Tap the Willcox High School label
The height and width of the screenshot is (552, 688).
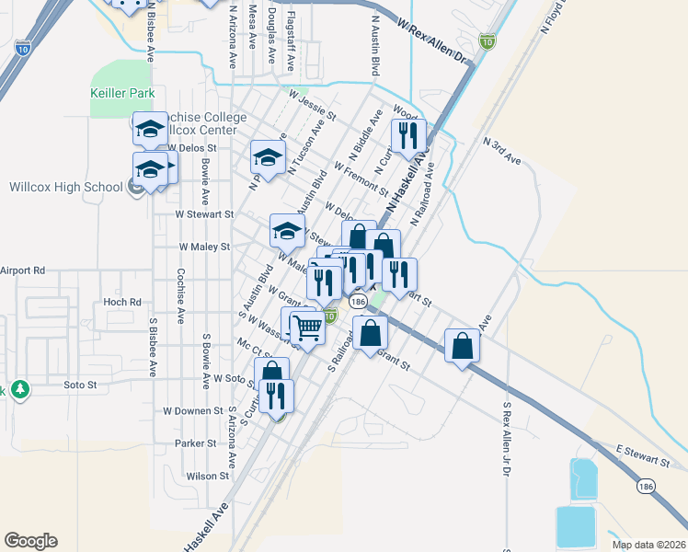pyautogui.click(x=65, y=187)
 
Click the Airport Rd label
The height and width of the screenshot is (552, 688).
pyautogui.click(x=23, y=270)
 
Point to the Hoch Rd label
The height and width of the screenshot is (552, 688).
pyautogui.click(x=121, y=302)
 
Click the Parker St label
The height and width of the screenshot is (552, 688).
pyautogui.click(x=194, y=443)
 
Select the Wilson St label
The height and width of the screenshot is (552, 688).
pyautogui.click(x=207, y=476)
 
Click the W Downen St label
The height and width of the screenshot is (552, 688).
pyautogui.click(x=193, y=410)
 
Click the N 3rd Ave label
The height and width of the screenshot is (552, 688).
pyautogui.click(x=502, y=152)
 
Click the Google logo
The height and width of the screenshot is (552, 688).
pyautogui.click(x=30, y=541)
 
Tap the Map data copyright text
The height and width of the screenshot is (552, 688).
pyautogui.click(x=648, y=545)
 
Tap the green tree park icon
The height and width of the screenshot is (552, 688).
pyautogui.click(x=19, y=389)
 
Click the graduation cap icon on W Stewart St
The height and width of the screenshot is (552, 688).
pyautogui.click(x=287, y=231)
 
